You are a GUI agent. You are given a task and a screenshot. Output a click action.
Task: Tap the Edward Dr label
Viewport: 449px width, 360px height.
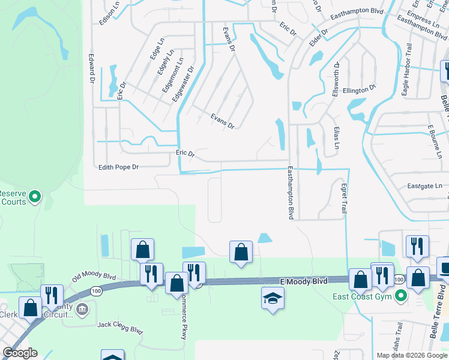point(92,68)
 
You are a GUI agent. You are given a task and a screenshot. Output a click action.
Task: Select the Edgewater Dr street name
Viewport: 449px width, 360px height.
point(183,85)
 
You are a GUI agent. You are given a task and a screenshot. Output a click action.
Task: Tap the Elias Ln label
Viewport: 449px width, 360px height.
point(337,138)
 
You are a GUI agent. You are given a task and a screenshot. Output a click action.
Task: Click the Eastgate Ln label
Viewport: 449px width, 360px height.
point(424,187)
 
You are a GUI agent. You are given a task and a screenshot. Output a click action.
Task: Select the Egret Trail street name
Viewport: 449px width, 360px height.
point(344,199)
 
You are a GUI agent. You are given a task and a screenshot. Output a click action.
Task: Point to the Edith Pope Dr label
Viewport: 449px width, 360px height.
point(118,167)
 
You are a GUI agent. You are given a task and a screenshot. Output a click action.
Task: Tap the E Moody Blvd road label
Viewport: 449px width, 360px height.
point(304,281)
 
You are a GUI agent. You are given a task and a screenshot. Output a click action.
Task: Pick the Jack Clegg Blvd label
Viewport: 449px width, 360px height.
point(120,327)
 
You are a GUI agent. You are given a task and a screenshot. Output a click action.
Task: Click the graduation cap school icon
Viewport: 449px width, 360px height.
point(273,298)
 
